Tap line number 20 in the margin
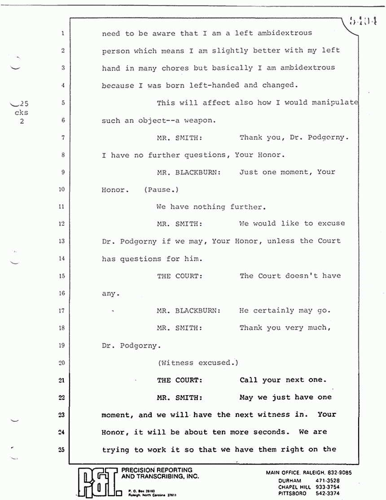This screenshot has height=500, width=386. [x=62, y=362]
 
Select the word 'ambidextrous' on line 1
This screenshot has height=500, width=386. [x=284, y=33]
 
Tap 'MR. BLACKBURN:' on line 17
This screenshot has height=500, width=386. [x=189, y=311]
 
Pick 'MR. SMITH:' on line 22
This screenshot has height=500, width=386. [x=179, y=397]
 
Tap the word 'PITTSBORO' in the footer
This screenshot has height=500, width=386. [x=292, y=493]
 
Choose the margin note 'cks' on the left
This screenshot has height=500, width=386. [x=21, y=112]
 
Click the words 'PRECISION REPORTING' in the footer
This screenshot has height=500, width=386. [x=154, y=470]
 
